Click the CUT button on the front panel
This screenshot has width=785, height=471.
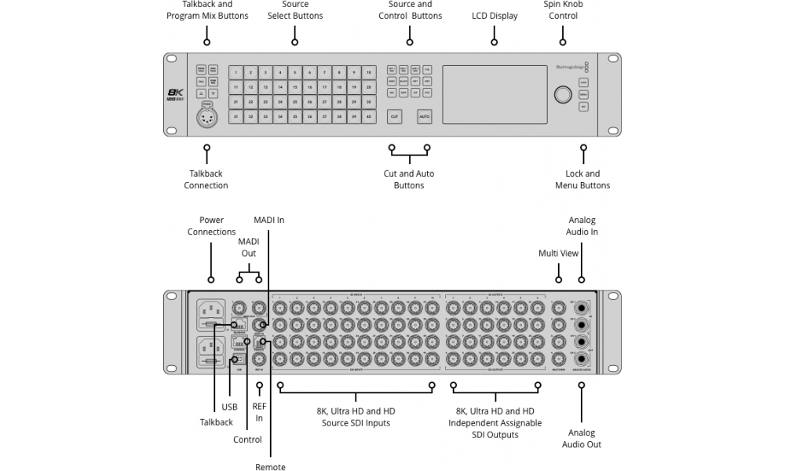pos(394,116)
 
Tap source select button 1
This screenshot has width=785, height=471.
pos(235,72)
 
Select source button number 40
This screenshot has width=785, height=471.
pos(369,116)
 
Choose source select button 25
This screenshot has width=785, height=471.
pos(295,101)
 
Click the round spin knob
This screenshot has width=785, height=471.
pos(562,95)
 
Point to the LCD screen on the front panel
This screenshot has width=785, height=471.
pos(495,94)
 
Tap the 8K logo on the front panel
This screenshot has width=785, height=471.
pos(177,93)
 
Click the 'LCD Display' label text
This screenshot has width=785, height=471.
pos(495,16)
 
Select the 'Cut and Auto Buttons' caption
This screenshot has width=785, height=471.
pos(409,179)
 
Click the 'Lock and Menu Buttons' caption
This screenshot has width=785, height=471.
pos(582,179)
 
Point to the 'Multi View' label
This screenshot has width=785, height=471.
pos(558,254)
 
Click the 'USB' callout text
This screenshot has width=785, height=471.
pos(229,407)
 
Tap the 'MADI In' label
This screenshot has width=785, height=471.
pos(268,221)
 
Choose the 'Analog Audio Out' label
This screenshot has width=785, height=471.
pos(582,438)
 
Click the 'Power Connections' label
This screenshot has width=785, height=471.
pos(211,226)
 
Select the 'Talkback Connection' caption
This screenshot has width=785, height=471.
pos(206,179)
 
